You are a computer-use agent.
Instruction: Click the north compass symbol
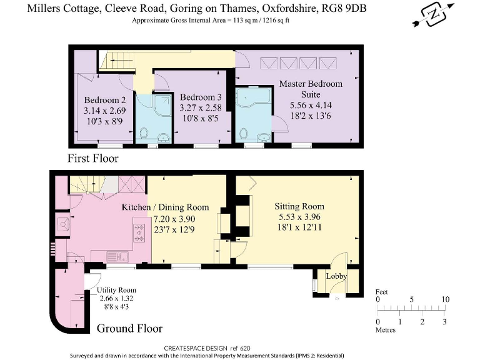(x=433, y=15)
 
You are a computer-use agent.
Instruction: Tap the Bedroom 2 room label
(x=105, y=100)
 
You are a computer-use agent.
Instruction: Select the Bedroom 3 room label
(x=201, y=97)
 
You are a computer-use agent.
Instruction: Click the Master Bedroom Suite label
(x=311, y=89)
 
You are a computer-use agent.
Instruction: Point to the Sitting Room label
(x=299, y=206)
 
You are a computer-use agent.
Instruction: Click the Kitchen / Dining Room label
(x=165, y=207)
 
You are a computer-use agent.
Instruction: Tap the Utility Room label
(x=116, y=290)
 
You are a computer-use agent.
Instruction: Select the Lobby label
(x=336, y=276)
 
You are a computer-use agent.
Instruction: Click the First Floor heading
(x=92, y=158)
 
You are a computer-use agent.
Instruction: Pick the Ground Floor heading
(x=129, y=328)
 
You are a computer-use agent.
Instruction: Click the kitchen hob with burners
(x=139, y=233)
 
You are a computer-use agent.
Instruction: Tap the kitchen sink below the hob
(x=117, y=257)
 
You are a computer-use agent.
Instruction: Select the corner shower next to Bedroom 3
(x=162, y=105)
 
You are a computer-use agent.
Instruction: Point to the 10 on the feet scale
(x=445, y=299)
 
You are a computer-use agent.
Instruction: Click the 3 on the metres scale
(x=444, y=321)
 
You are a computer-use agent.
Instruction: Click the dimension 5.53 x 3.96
(x=299, y=217)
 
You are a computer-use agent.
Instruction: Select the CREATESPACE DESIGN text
(x=196, y=348)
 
